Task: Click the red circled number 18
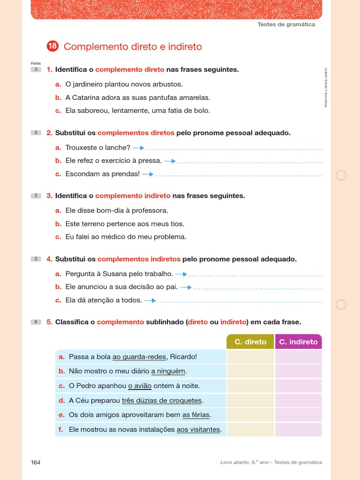point(52,46)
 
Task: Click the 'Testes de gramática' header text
point(286,24)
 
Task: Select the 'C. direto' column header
point(250,342)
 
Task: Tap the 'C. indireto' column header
point(298,342)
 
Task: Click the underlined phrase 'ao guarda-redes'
point(139,357)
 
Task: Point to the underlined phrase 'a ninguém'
point(168,371)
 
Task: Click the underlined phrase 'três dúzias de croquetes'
point(162,400)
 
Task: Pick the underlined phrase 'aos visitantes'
point(198,429)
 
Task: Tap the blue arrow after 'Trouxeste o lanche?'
point(139,148)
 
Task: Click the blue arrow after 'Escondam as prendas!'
point(148,174)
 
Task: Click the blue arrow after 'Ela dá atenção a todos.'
point(150,300)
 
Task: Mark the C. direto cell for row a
point(250,357)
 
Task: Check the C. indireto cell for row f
point(298,429)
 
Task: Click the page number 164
point(36,462)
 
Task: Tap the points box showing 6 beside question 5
point(36,322)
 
